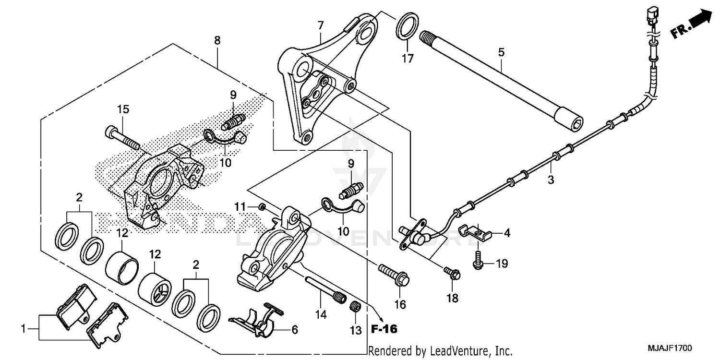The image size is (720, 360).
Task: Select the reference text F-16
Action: click(384, 329)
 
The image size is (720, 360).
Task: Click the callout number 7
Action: click(320, 24)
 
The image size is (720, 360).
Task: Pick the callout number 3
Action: click(551, 180)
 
